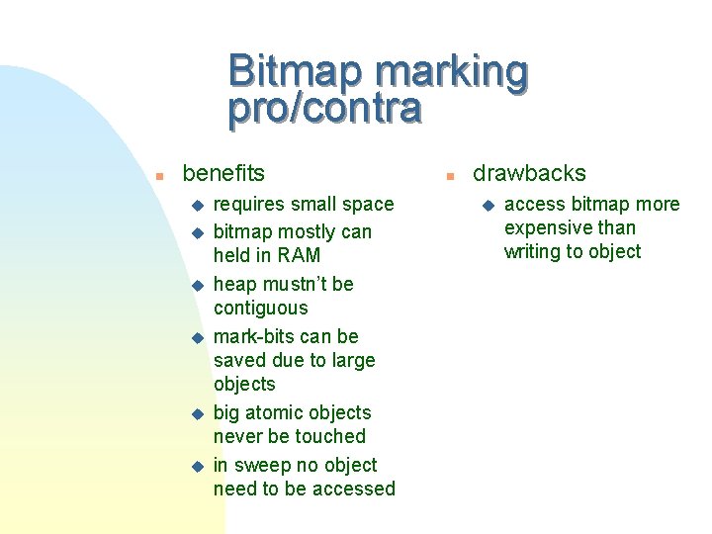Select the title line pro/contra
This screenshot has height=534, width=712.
324,109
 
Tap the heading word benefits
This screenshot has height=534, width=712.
223,174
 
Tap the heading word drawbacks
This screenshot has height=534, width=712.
529,174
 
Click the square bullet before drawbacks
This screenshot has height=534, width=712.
448,176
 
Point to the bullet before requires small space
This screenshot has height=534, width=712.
196,206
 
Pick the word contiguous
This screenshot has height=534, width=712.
260,309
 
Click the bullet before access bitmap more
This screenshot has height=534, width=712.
487,206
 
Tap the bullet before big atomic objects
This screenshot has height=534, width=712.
196,414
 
